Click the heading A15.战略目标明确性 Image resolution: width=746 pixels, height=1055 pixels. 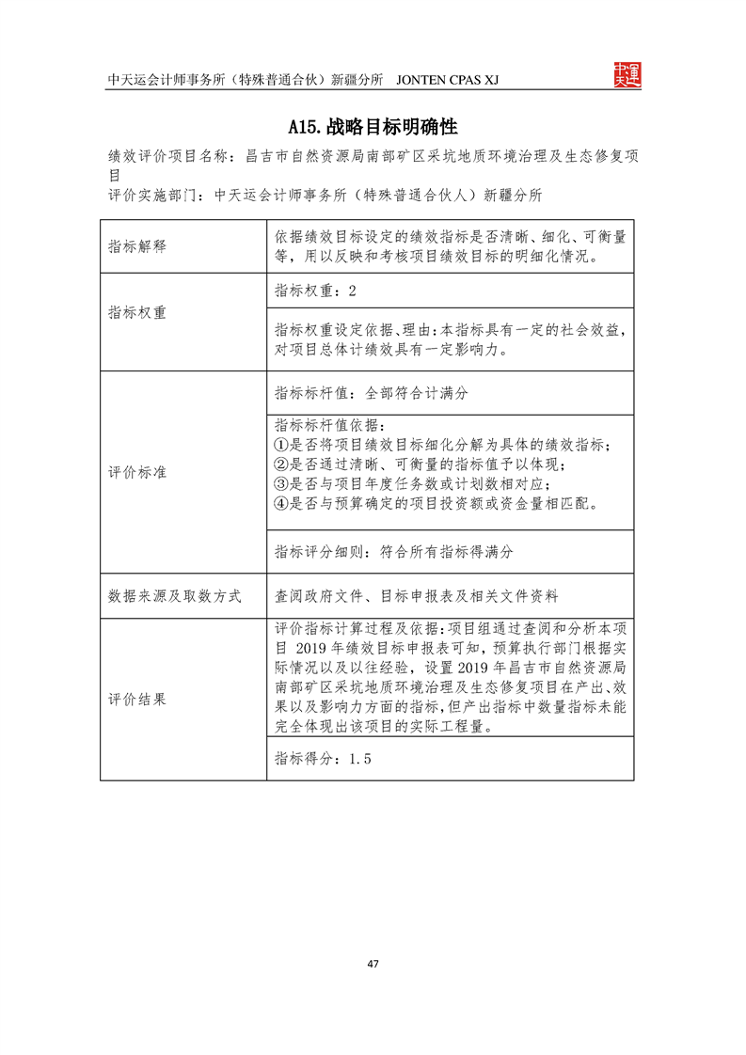373,126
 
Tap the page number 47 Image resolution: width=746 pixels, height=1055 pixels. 373,964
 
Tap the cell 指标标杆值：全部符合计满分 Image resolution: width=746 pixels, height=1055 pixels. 371,394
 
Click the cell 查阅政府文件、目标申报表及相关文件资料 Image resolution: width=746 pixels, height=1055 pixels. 417,596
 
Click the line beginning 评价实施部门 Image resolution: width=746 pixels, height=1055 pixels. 325,196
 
